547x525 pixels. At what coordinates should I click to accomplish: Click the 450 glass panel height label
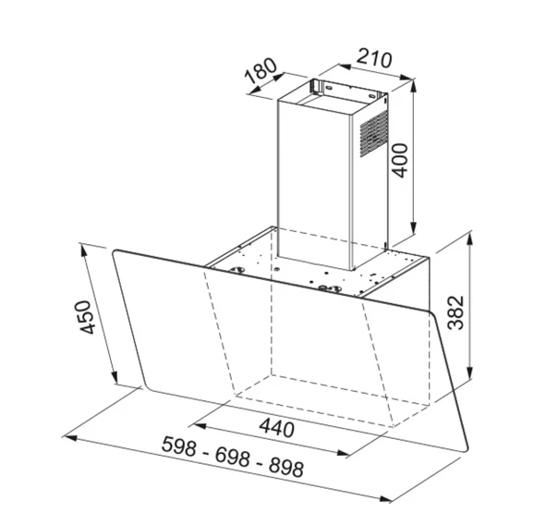pyautogui.click(x=86, y=319)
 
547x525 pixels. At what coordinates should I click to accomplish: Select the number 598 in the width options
pyautogui.click(x=181, y=444)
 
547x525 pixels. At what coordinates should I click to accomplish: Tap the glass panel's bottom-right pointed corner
pyautogui.click(x=465, y=455)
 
